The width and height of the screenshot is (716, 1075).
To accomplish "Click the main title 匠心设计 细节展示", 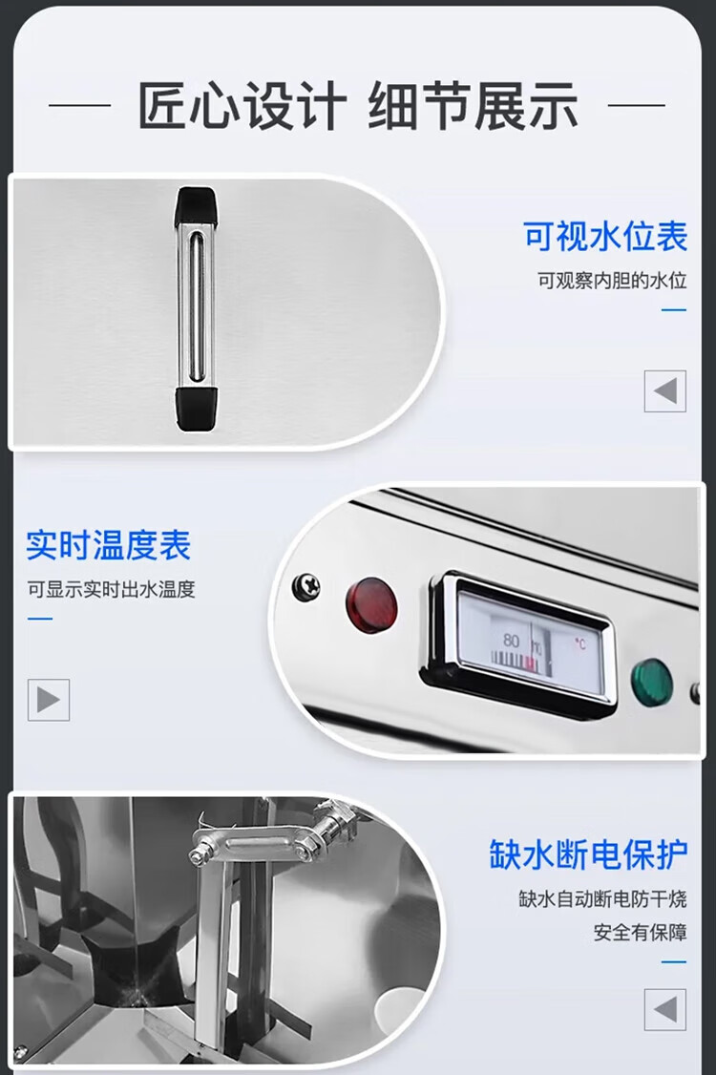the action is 358,106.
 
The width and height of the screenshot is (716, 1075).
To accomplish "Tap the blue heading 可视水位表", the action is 605,237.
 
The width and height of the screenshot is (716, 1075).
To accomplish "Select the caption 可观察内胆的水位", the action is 612,281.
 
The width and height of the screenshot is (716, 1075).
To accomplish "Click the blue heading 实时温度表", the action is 109,545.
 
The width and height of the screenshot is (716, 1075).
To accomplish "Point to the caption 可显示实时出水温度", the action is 111,589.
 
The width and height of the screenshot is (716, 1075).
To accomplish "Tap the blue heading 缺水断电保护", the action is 588,854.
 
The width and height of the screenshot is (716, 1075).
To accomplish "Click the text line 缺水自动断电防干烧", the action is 602,898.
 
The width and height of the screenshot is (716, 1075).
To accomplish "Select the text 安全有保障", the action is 640,933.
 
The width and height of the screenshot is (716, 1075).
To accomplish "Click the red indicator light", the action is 371,604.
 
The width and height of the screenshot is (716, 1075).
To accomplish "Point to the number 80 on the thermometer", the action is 511,641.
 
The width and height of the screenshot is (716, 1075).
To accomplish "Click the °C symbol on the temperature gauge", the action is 580,643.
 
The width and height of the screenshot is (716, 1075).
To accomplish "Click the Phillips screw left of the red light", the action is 306,586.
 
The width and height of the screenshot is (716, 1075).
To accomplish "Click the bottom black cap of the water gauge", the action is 196,410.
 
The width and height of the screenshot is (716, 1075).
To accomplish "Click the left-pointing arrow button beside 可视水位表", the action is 665,391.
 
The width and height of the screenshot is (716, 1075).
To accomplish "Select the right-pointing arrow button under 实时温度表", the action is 49,700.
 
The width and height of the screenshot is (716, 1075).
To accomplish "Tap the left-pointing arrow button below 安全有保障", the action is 665,1009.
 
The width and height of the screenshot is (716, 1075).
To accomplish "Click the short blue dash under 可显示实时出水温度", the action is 40,619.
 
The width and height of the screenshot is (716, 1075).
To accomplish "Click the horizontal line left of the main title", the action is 79,106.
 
